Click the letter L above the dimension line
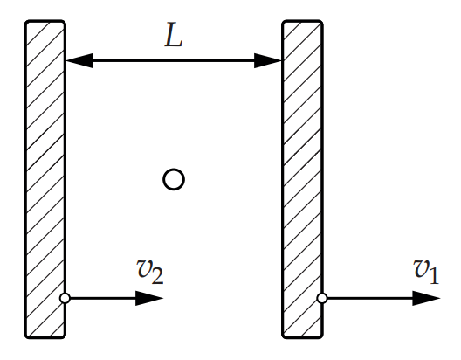pos(174,35)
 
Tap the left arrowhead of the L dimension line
pos(80,61)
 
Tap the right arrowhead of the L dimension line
pos(268,61)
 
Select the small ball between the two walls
pos(174,179)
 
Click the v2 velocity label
pos(150,272)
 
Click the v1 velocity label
pos(426,272)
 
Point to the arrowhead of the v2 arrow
pos(149,298)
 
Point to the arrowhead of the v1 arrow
pos(426,298)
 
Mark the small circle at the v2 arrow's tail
pos(65,298)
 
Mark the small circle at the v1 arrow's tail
pos(322,298)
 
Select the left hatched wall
pos(45,179)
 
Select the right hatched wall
pos(303,179)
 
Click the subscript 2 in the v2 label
pos(157,276)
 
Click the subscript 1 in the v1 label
pos(434,276)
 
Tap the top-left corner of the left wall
pos(25,21)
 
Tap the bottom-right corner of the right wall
pos(323,337)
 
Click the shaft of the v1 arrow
pos(370,298)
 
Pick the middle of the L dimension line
pos(174,61)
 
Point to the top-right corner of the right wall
pos(322,21)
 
